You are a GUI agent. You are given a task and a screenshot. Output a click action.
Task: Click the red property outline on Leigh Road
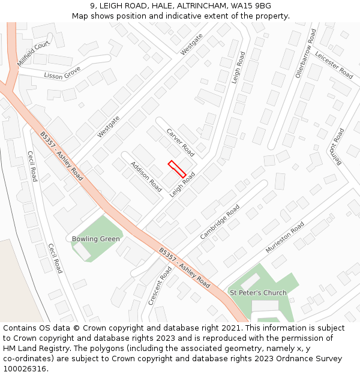click(x=177, y=169)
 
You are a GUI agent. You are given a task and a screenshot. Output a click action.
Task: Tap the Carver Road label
click(x=180, y=142)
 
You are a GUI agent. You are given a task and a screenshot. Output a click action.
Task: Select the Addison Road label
click(x=146, y=177)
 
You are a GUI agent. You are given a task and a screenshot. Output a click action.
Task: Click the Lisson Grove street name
click(x=62, y=73)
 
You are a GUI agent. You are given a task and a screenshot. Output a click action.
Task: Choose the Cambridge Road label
click(x=220, y=222)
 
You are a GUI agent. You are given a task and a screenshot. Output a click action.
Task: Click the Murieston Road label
click(x=285, y=238)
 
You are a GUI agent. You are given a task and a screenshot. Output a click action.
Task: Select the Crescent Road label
click(x=160, y=286)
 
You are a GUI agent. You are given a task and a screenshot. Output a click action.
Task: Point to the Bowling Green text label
click(x=96, y=239)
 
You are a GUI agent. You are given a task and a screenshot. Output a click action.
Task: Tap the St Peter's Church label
click(x=258, y=293)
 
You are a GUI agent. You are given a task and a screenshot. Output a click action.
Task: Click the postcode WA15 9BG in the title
click(x=250, y=6)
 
